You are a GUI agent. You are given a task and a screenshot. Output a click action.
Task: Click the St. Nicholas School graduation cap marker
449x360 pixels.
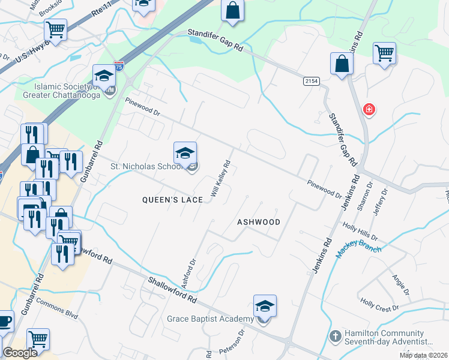click(x=185, y=153)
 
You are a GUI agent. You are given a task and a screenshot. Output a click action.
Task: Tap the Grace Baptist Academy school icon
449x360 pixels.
click(x=265, y=307)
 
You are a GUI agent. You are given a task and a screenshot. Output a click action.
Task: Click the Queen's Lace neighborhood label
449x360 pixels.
click(x=172, y=200)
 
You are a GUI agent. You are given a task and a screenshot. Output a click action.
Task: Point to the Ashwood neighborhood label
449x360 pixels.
click(x=259, y=222)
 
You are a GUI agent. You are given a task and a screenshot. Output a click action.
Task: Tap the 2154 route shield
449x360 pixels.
click(x=311, y=81)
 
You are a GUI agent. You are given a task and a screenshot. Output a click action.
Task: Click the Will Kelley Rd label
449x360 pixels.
click(x=220, y=179)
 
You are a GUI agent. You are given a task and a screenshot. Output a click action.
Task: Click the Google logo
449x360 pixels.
click(x=20, y=353)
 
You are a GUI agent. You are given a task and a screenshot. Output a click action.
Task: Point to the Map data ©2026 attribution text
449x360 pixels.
click(x=423, y=355)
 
